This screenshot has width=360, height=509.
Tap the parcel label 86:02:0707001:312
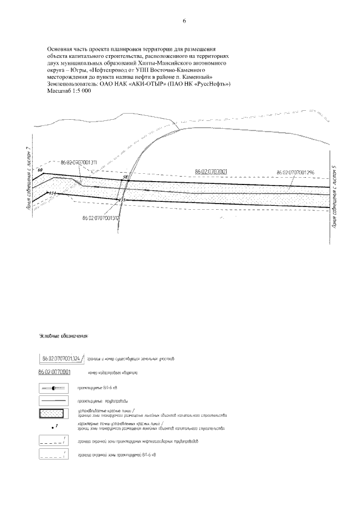point(101,218)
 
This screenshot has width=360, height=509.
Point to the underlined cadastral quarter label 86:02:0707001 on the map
point(211,170)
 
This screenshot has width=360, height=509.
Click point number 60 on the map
point(40,169)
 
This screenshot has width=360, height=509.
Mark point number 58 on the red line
point(125,177)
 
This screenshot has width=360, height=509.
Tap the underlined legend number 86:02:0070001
point(54,372)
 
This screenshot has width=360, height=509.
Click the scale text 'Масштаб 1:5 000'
point(69,90)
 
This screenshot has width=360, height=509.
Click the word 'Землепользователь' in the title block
point(73,83)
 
